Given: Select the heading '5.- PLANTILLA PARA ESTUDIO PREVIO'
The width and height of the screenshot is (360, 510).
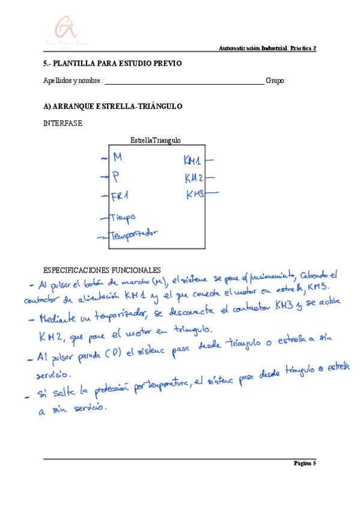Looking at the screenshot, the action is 112,64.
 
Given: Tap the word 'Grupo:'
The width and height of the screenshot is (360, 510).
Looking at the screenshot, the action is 276,81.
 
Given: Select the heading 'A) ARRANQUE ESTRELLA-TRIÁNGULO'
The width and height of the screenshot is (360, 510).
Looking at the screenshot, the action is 112,106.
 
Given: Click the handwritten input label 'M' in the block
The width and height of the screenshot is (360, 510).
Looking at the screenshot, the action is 118,158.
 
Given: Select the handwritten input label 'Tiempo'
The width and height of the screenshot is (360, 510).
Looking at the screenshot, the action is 123,217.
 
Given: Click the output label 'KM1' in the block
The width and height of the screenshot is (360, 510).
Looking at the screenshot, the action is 193,161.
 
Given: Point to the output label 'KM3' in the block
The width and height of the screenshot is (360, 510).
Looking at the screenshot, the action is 195,194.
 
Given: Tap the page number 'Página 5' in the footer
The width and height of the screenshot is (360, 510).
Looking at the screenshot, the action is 305,463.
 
